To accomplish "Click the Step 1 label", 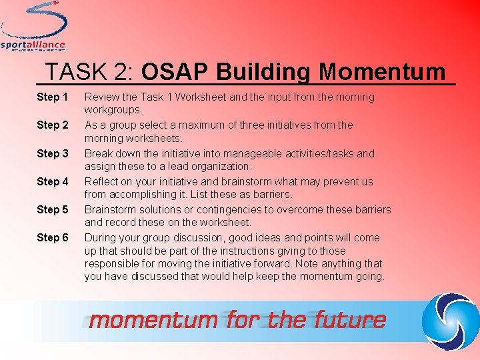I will (53, 97).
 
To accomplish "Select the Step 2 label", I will (53, 125).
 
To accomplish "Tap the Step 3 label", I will (53, 153).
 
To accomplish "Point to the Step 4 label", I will (53, 181).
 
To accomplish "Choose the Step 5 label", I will (53, 209).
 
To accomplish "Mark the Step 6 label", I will (53, 237).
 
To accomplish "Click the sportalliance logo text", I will (33, 45).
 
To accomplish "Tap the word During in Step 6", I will (100, 237).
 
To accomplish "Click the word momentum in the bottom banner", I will (153, 320).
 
